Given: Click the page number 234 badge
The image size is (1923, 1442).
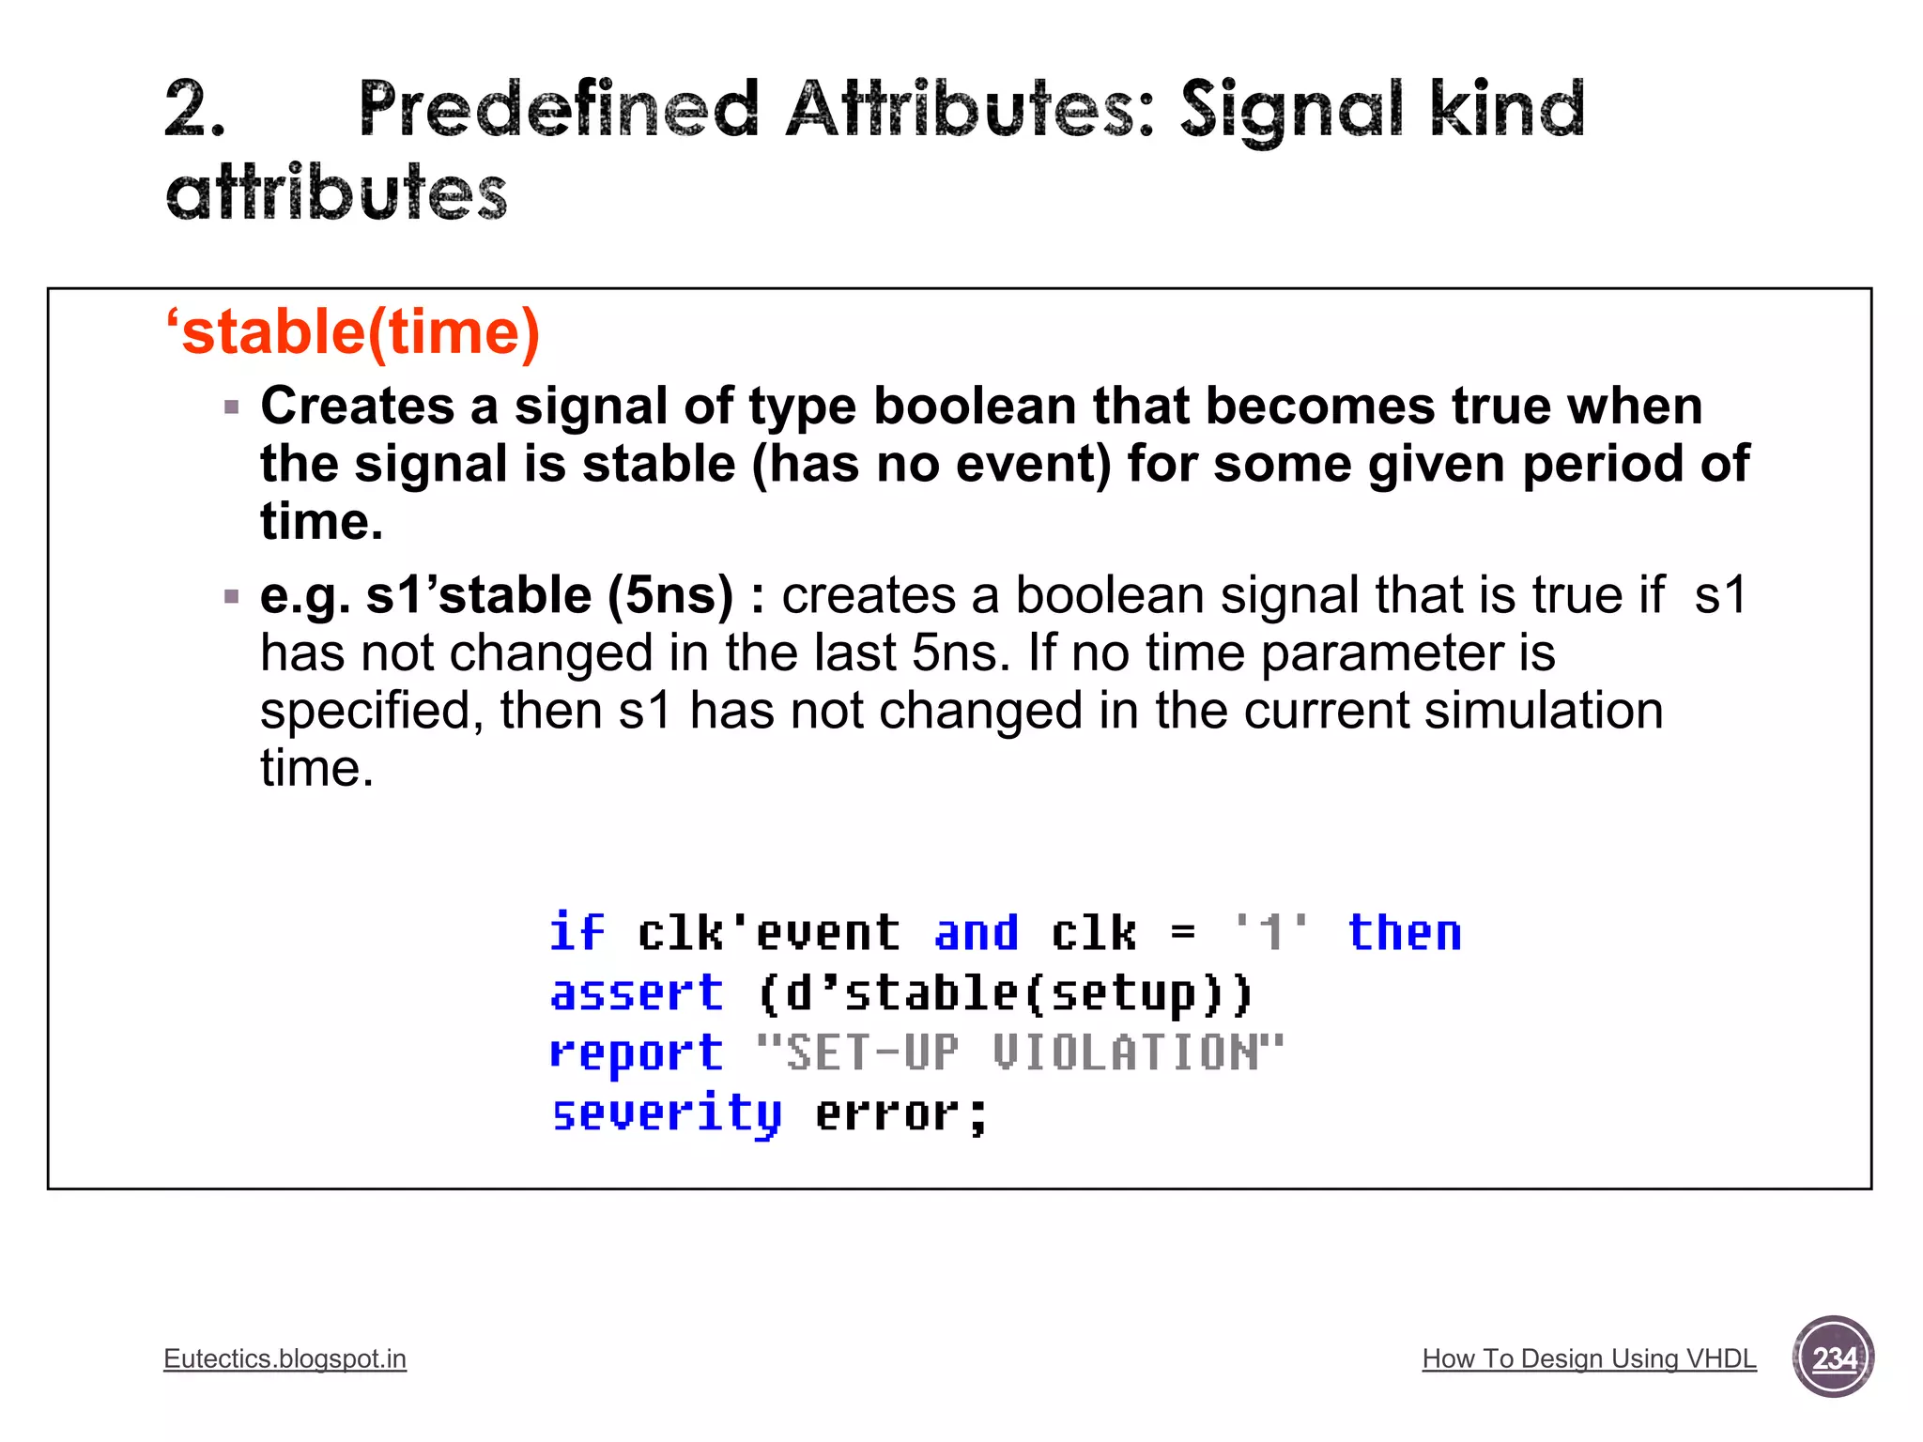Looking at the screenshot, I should pyautogui.click(x=1833, y=1358).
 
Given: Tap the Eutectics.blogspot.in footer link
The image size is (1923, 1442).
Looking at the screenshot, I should pyautogui.click(x=285, y=1358).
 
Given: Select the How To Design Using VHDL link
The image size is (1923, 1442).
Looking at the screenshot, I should pyautogui.click(x=1589, y=1358).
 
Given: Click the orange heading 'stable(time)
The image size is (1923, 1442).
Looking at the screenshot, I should pyautogui.click(x=352, y=332).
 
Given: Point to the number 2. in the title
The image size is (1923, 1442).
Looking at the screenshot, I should pyautogui.click(x=194, y=110).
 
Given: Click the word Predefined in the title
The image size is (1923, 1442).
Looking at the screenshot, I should pyautogui.click(x=559, y=110).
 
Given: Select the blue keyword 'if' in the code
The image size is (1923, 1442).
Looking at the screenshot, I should pyautogui.click(x=577, y=932).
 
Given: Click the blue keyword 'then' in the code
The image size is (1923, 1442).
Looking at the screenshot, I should pyautogui.click(x=1404, y=932).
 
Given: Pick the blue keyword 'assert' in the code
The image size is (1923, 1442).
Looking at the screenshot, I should pyautogui.click(x=637, y=993).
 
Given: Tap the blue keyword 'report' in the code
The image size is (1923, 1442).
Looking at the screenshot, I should pyautogui.click(x=637, y=1053).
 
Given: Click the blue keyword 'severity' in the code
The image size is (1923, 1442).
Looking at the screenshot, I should pyautogui.click(x=666, y=1114).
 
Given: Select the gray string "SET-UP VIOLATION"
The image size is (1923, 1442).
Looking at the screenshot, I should pyautogui.click(x=1019, y=1052).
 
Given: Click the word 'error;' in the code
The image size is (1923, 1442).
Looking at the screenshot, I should pyautogui.click(x=900, y=1114).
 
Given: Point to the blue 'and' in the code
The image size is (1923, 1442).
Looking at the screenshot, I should pyautogui.click(x=976, y=932).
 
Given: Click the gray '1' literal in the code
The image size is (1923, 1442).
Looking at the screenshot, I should pyautogui.click(x=1270, y=932).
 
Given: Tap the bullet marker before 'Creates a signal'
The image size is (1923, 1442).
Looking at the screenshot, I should pyautogui.click(x=232, y=407).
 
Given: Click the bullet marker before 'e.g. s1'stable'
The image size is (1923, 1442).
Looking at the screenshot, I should pyautogui.click(x=232, y=596).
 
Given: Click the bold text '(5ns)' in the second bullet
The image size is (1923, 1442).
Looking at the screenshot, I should pyautogui.click(x=669, y=595).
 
